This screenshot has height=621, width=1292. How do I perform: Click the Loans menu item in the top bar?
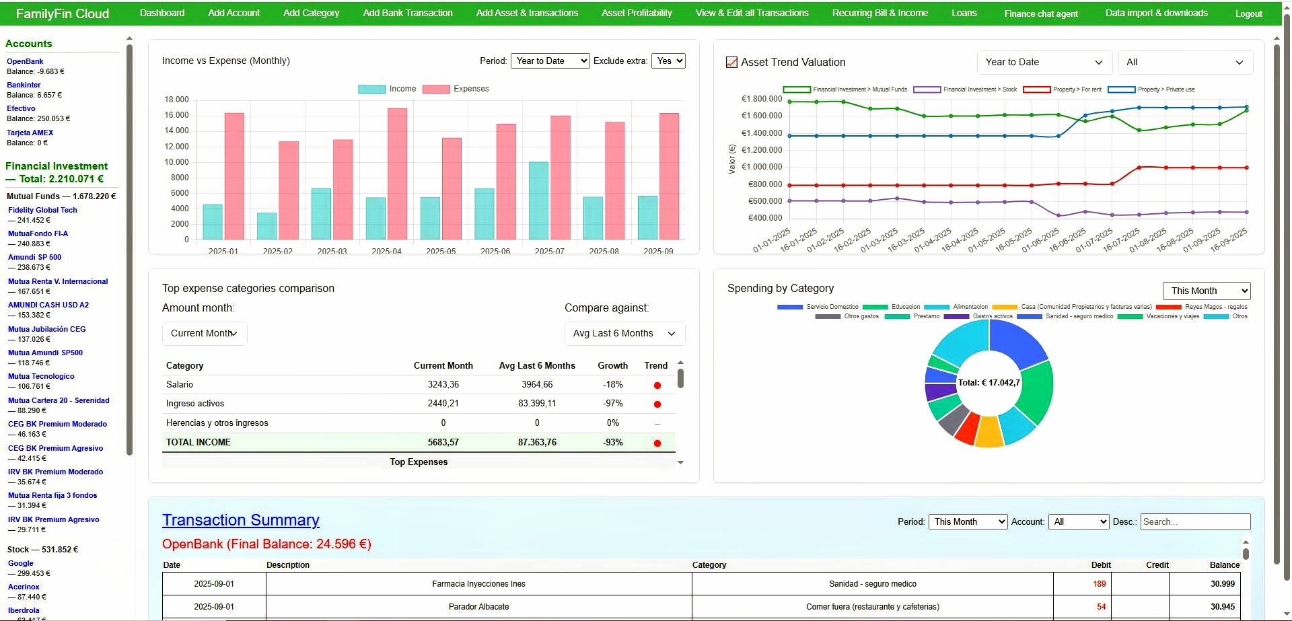point(964,13)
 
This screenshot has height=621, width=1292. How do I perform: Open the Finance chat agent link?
point(1040,13)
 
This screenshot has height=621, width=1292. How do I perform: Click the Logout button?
point(1248,13)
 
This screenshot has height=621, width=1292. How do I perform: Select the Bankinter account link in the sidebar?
point(24,85)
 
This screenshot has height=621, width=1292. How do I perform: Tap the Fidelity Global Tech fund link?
point(42,210)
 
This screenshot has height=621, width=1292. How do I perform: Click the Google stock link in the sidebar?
point(20,563)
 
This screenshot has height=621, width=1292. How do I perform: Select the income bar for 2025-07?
point(538,200)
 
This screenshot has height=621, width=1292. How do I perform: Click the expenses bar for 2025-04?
point(397,174)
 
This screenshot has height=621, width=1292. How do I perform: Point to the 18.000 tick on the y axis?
point(176,100)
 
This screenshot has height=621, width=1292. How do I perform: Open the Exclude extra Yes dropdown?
point(670,61)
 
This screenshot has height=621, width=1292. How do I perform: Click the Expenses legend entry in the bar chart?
point(456,89)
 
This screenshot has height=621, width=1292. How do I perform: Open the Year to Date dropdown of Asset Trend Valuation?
point(1043,62)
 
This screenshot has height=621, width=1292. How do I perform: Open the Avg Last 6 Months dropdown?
point(624,334)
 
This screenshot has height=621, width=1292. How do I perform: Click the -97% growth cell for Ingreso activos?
point(612,404)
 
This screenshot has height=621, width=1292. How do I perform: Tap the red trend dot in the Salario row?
point(657,386)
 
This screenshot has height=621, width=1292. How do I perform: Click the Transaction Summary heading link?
point(240,520)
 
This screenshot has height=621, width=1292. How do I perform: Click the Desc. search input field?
point(1195,521)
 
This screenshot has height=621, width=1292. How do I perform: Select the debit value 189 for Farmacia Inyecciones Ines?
point(1099,584)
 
